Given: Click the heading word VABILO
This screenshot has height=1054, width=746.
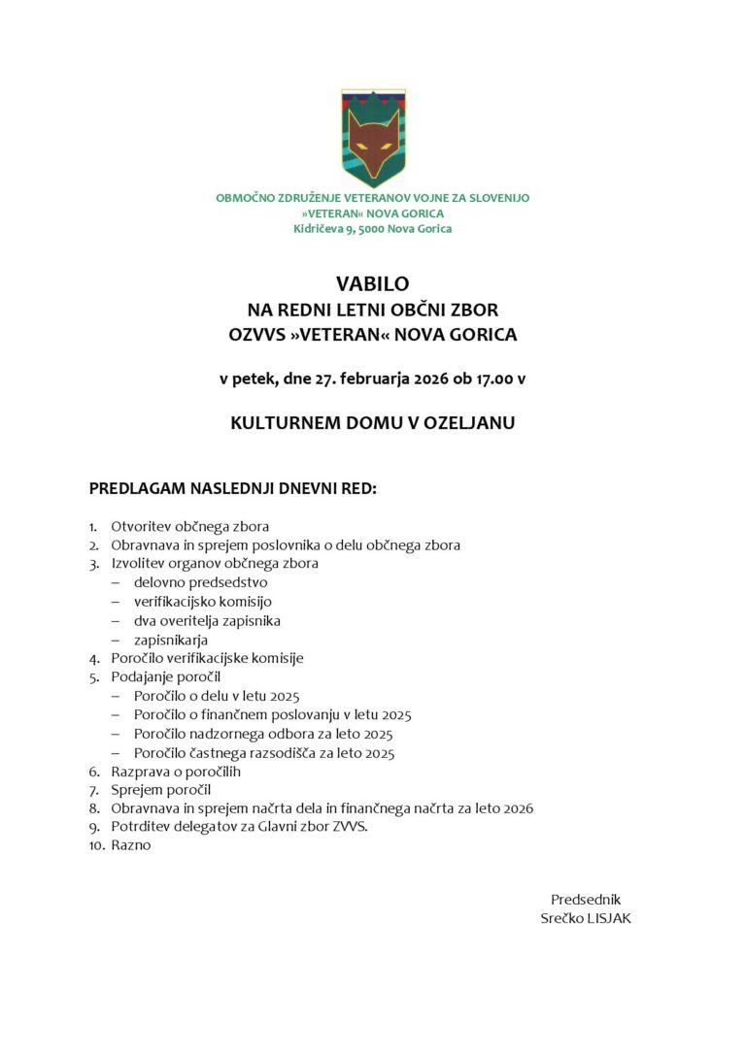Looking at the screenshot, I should point(373,283).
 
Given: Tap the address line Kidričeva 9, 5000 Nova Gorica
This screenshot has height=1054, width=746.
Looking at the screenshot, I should point(373,229).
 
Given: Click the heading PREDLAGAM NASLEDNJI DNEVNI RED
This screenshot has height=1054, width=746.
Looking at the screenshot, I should point(232,488).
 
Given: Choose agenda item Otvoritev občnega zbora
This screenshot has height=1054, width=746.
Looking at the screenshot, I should point(189,527).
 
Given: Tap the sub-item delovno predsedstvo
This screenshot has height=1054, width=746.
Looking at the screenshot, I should point(200,582).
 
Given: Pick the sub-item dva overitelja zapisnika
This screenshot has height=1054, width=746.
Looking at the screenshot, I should point(207,620).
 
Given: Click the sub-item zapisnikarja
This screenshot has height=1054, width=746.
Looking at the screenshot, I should point(171,640).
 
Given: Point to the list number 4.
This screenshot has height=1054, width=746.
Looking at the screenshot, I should point(93,658).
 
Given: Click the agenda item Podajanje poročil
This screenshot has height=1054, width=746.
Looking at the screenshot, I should point(165,676).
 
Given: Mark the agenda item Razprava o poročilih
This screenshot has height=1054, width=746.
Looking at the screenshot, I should point(175,772).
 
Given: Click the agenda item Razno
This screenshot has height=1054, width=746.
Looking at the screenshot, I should point(131,845).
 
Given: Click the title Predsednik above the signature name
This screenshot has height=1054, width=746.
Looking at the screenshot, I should point(585,900).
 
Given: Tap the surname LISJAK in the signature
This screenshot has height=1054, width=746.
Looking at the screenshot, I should point(608,918).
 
